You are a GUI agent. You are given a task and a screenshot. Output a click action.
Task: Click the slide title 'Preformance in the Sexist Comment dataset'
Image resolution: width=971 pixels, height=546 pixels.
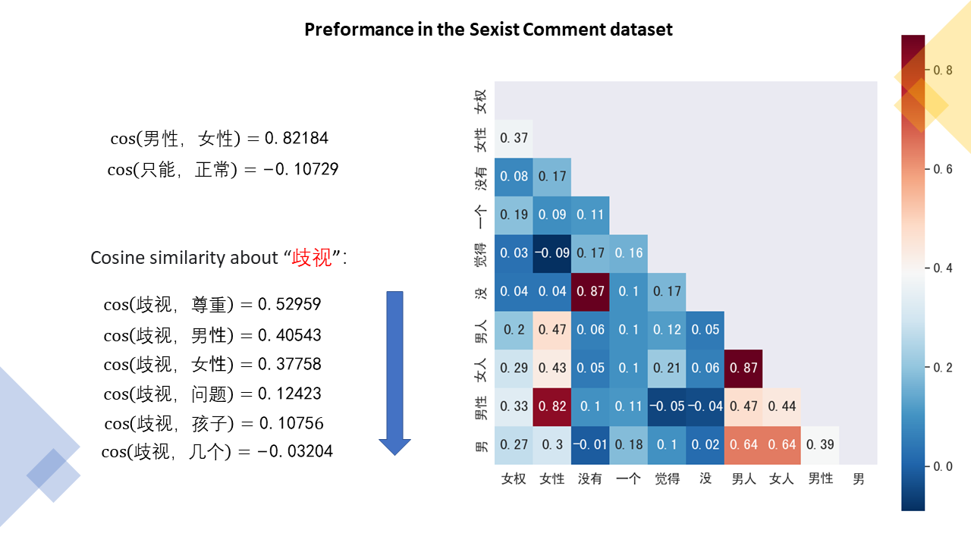488,30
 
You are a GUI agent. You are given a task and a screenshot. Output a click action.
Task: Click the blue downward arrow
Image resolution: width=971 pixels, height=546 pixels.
394,372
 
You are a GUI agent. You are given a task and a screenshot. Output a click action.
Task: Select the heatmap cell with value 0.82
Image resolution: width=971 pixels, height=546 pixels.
551,406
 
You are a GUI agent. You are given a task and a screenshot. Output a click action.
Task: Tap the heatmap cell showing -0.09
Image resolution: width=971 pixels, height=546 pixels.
551,253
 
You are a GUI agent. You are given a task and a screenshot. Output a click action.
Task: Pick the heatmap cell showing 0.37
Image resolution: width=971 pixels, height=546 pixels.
514,138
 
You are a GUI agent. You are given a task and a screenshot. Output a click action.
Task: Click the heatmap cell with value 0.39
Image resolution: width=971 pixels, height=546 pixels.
820,444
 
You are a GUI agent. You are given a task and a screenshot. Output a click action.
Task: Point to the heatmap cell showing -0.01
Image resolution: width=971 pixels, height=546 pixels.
590,444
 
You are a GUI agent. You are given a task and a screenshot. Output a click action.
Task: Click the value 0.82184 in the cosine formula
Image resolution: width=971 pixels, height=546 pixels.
297,139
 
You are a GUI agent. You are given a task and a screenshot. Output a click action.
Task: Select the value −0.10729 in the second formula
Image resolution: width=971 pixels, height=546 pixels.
300,169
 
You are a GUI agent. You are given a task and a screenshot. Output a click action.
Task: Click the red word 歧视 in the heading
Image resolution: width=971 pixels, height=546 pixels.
312,258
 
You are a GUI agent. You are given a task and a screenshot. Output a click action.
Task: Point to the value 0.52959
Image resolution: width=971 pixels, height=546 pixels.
289,304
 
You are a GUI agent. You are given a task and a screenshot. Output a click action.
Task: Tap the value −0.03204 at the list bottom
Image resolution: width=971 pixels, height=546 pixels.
294,452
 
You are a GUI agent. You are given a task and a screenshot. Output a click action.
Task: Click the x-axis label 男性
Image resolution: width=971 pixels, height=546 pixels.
820,479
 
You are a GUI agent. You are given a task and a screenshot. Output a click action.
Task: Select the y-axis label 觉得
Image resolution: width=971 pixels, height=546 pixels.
479,253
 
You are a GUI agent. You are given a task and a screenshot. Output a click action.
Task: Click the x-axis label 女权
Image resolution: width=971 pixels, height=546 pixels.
514,479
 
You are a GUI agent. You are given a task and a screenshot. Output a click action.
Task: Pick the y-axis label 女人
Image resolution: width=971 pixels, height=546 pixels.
479,368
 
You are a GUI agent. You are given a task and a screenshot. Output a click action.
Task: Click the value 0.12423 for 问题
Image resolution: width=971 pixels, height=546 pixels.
289,394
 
